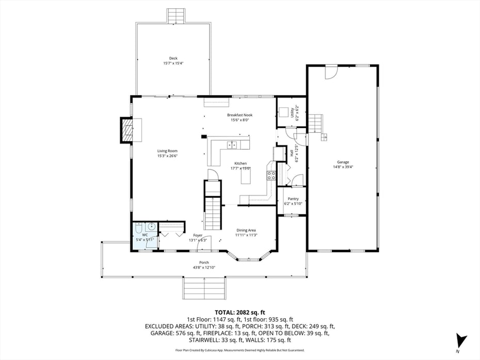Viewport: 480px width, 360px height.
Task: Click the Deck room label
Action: coord(173,58)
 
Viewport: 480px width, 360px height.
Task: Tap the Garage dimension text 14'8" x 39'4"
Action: coord(345,167)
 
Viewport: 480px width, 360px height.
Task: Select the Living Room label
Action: coord(167,151)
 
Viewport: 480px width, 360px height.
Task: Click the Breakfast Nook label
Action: coord(239,115)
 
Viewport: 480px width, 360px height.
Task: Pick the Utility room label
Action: coord(292,111)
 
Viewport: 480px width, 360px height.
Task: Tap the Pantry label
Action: coord(293,199)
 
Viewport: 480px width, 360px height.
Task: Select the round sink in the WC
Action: coord(151,227)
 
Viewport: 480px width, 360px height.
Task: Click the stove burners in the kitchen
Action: coord(271,175)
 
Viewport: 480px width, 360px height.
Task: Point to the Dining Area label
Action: coord(246,230)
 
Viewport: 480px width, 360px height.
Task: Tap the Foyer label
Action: coord(198,236)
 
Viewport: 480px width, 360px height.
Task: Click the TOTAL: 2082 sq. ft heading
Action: coord(239,312)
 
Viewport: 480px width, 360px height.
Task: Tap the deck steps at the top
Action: coord(175,15)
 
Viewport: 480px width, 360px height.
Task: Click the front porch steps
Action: coord(204,287)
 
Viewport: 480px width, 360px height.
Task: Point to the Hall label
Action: coord(292,153)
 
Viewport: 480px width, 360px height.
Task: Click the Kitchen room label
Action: coord(241,163)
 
